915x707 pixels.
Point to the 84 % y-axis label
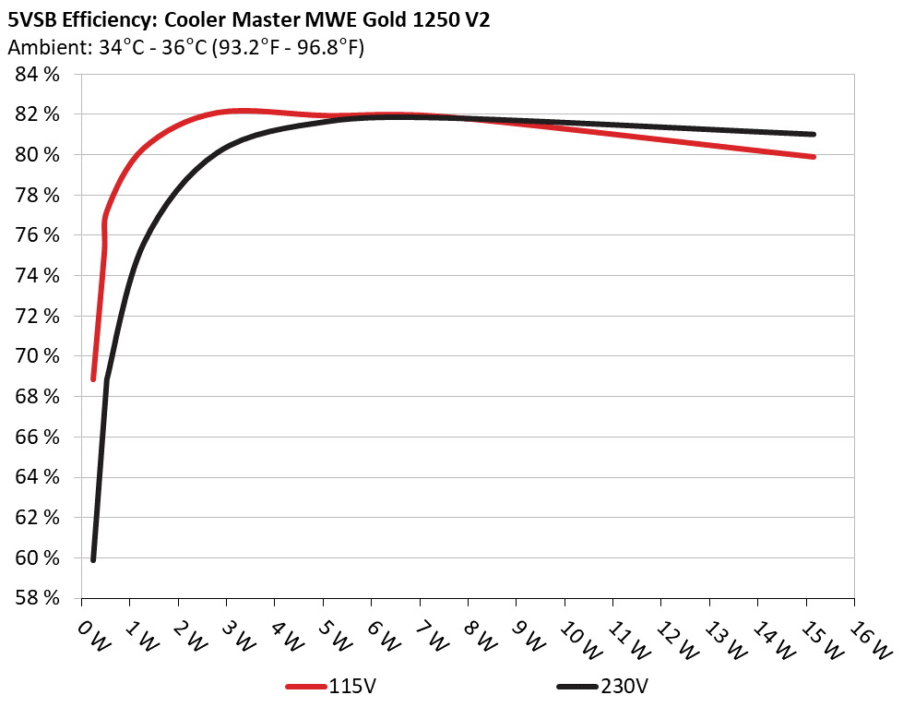tap(37, 75)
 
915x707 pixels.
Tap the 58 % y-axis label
tap(37, 598)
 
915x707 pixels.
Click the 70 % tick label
tap(37, 356)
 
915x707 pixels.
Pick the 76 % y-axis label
tap(37, 235)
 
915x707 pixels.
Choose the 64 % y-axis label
tap(37, 477)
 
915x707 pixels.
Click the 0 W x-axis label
tap(93, 636)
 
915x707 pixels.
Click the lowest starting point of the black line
tap(93, 559)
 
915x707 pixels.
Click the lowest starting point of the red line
tap(93, 378)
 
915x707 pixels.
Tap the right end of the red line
tap(814, 157)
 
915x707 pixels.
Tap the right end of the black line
tap(814, 134)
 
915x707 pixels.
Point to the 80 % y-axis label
tap(37, 155)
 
